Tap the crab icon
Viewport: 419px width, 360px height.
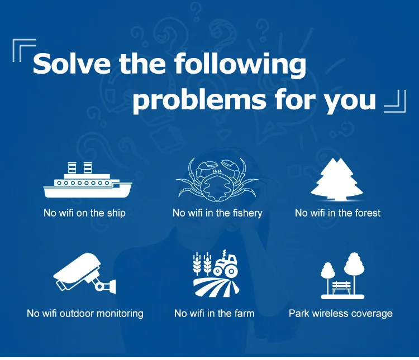217,180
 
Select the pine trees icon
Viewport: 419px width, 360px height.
337,179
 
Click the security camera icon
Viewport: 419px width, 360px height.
85,272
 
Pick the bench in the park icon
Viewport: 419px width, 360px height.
341,287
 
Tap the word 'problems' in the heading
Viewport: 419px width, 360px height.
199,99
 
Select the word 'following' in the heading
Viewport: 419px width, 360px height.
240,65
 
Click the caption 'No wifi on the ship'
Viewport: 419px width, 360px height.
84,213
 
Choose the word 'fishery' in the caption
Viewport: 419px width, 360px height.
247,213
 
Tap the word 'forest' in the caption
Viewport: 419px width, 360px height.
368,213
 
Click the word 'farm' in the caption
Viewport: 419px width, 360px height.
245,313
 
